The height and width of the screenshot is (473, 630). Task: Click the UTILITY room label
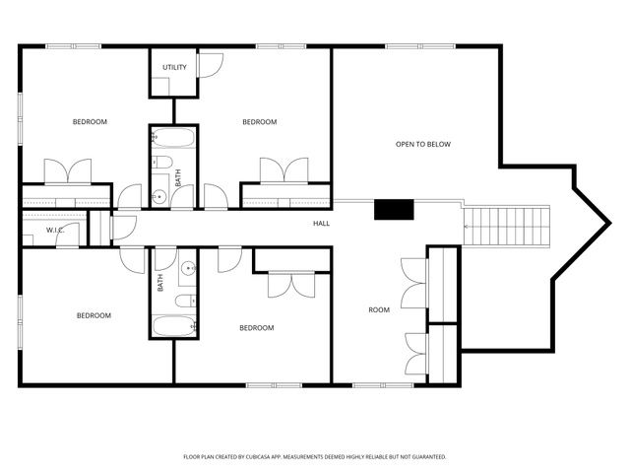[174, 67]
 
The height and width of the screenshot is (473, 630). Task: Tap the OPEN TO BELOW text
[422, 144]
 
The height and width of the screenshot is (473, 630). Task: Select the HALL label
[321, 224]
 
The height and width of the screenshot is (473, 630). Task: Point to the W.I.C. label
[54, 231]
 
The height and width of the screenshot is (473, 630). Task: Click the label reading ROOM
[379, 309]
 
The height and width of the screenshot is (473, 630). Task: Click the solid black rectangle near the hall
[393, 209]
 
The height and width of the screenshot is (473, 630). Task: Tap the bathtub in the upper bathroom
[175, 137]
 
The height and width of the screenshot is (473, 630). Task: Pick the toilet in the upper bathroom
[163, 163]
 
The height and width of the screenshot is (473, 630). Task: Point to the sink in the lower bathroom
[187, 266]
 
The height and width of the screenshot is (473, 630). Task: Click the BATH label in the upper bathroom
[178, 178]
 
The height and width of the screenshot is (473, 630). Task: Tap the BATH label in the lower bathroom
[161, 283]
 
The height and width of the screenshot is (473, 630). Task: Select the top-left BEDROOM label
[90, 121]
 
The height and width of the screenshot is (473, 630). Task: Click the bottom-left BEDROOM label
[94, 315]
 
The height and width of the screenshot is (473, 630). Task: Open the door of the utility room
[209, 64]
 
